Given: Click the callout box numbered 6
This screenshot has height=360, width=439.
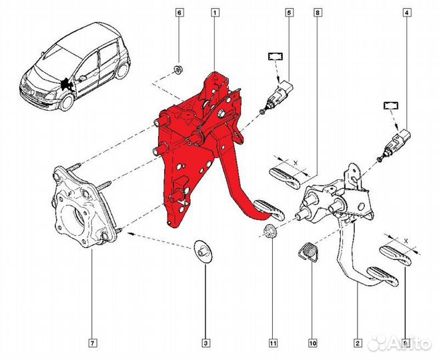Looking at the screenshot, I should (x=179, y=13).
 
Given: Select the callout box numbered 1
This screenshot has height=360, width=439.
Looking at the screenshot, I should (x=215, y=13).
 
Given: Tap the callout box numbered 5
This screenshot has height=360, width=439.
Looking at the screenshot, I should (x=290, y=13).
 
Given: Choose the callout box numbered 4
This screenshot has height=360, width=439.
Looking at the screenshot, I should (x=406, y=13).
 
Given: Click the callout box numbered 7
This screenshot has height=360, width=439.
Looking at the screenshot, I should (x=93, y=344).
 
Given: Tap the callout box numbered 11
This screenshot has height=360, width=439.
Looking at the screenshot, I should (x=272, y=344).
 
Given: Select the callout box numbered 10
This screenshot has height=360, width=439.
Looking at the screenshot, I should (x=312, y=344).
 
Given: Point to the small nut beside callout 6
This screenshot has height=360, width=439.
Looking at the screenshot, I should (x=178, y=69).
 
